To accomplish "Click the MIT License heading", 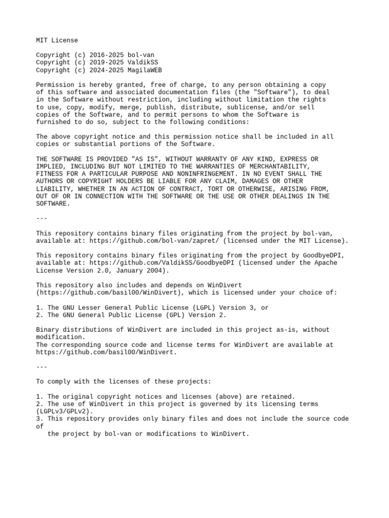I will point(57,40).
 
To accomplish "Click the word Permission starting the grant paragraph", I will point(55,85).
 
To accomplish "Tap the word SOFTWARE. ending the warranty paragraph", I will point(53,204).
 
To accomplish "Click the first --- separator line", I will point(42,219).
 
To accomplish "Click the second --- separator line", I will point(42,367).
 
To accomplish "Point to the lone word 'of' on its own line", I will point(40,426).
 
